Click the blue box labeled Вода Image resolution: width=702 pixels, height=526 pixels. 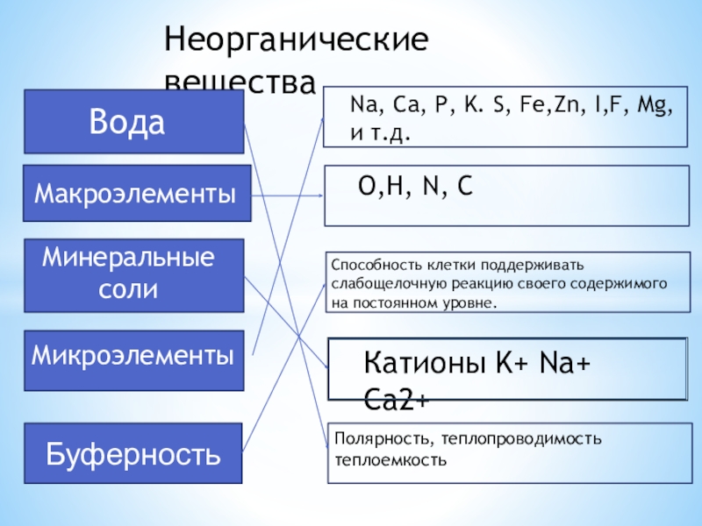tap(133, 122)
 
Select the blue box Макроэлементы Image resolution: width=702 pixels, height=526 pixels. tap(135, 193)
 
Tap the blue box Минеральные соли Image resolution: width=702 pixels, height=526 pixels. tap(133, 274)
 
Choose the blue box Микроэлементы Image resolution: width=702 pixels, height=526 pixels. tap(133, 358)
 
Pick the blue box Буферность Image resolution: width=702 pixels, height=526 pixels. tap(133, 454)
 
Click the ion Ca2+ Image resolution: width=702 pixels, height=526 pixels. tap(396, 400)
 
